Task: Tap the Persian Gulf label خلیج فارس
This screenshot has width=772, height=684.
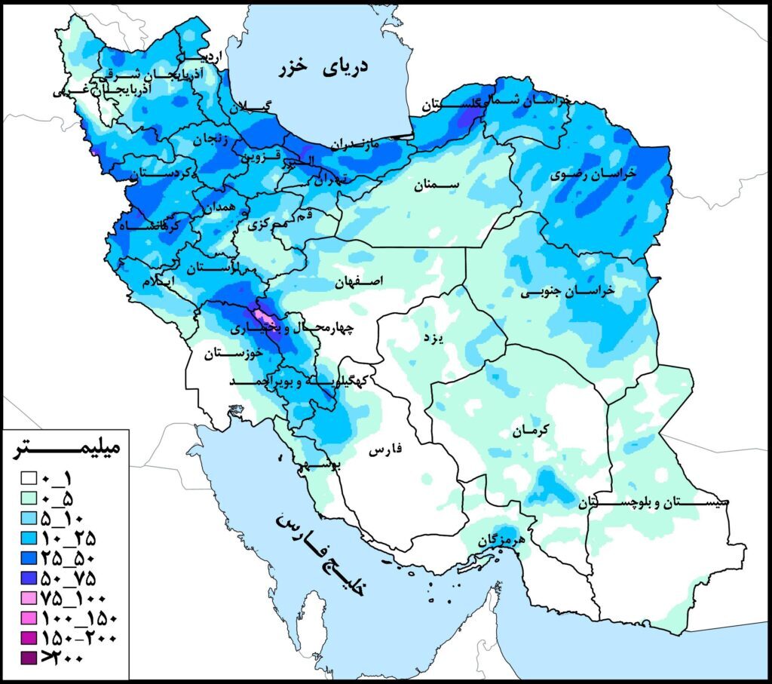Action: pyautogui.click(x=320, y=554)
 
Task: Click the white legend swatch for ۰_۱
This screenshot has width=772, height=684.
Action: pyautogui.click(x=30, y=478)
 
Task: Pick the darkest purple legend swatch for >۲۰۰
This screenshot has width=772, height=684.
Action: pyautogui.click(x=30, y=658)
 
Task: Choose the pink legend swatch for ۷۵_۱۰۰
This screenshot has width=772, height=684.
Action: pyautogui.click(x=30, y=598)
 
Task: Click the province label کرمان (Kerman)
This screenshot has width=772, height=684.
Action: pyautogui.click(x=532, y=430)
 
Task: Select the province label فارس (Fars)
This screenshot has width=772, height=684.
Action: pyautogui.click(x=385, y=451)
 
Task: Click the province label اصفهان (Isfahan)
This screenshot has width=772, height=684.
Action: pyautogui.click(x=360, y=281)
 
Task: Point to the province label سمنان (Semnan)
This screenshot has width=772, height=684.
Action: pyautogui.click(x=437, y=184)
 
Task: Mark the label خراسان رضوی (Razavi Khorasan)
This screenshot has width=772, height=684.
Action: pyautogui.click(x=595, y=173)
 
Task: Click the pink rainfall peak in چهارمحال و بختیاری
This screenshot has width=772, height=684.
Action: pyautogui.click(x=262, y=315)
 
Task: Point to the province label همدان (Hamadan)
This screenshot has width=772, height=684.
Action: pyautogui.click(x=219, y=206)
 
